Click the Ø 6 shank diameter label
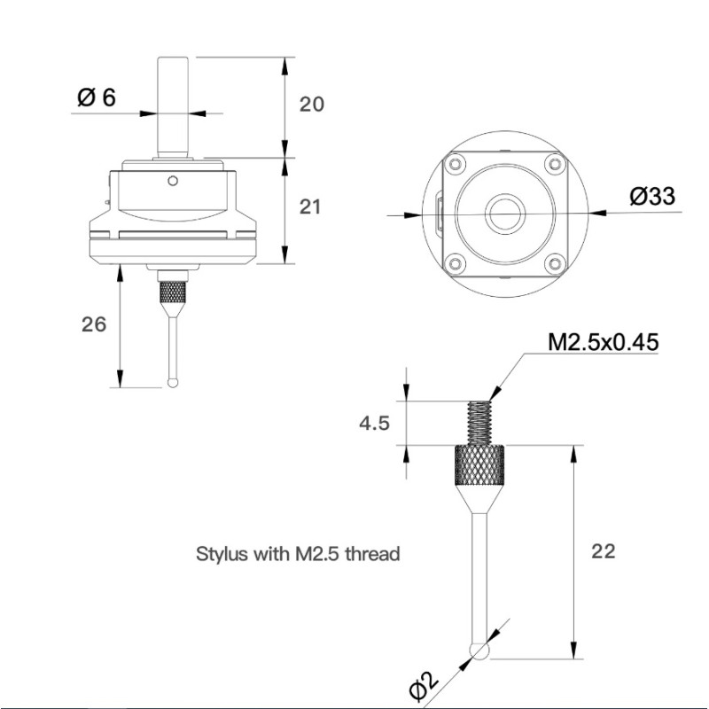coord(97,97)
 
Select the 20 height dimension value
coord(312,105)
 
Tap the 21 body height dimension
coord(310,207)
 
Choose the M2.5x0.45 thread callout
coord(603,342)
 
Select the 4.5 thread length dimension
coord(374,424)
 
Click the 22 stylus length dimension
coord(603,551)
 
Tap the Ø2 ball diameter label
coord(423,684)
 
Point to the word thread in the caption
coord(372,555)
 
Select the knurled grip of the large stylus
coord(481,464)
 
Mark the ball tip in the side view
coord(172,383)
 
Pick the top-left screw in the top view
coord(456,165)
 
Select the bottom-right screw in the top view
coord(554,261)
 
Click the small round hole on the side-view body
coord(173,182)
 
